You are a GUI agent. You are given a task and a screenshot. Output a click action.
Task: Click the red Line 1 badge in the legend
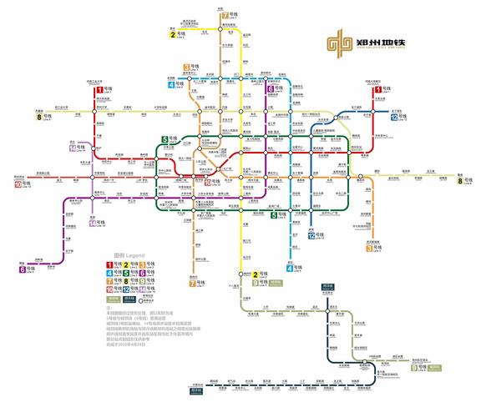pos(109,265)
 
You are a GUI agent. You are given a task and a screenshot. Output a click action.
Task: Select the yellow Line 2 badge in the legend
pos(126,265)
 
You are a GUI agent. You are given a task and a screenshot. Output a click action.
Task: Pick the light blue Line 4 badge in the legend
pos(109,274)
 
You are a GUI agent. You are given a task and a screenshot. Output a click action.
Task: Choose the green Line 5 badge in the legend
pos(126,274)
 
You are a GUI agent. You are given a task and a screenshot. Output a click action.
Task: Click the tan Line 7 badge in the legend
pos(109,282)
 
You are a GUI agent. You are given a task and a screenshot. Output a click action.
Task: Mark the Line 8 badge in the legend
pos(126,282)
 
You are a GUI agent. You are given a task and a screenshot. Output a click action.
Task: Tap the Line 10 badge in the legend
pos(109,290)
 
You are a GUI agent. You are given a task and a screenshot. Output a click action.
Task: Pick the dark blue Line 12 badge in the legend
pos(126,290)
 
